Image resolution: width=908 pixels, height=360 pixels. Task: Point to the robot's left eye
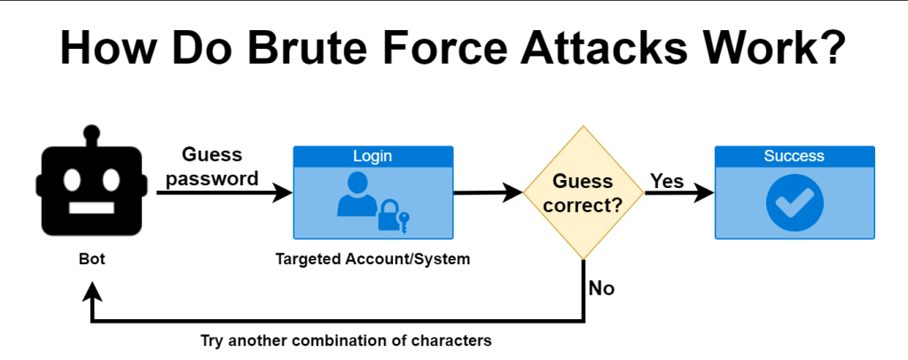coord(69,181)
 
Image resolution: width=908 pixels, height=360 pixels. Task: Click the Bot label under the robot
coord(90,261)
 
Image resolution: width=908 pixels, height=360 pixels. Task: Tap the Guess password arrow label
coord(212,167)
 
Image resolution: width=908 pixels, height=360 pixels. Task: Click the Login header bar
coord(372,156)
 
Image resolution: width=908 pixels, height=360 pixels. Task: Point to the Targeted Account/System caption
coord(372,260)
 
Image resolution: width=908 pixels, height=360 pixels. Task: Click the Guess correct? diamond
coord(583,192)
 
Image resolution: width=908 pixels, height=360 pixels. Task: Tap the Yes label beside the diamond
coord(667,181)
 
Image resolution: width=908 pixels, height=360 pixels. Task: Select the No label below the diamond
coord(601,289)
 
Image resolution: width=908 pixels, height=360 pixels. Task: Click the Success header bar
coord(794,156)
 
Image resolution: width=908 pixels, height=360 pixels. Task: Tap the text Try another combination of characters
coord(346,340)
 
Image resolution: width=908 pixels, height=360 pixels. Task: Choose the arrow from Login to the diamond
coord(488,192)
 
